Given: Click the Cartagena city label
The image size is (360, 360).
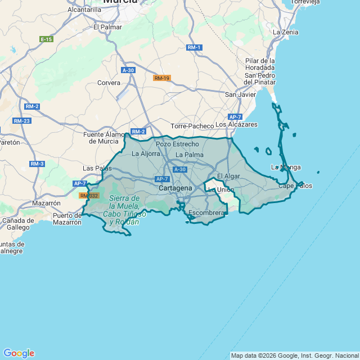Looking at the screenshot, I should pos(175,188).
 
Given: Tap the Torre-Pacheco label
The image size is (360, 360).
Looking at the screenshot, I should pos(192,126).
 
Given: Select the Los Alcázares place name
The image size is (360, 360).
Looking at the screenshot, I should pos(236,124).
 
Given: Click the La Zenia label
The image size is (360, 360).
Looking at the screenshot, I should pos(285,32).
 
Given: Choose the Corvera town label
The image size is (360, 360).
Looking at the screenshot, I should pos(109,83).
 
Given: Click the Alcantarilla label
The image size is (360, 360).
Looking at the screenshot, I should pos(84,10).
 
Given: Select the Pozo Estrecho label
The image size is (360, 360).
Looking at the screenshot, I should pos(177,144).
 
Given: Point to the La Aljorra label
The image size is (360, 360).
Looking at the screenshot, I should pos(146,153).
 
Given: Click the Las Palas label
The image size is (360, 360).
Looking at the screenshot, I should pos(97,168).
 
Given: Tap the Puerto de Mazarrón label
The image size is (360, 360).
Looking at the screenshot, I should pos(67,219).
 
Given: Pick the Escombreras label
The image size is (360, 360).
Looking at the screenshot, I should pos(207,213).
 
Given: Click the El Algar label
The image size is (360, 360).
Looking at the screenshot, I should pos(228,176).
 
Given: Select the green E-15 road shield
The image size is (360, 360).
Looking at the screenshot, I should pos(47,39).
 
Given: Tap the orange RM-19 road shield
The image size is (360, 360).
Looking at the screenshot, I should pos(162,78).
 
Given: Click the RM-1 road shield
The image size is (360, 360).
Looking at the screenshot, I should pos(195,47).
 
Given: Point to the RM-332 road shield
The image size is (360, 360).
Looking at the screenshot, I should pos(89,196).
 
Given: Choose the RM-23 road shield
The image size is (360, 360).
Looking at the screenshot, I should pos(22,121).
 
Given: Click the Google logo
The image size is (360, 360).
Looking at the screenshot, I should pos(19,353).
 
